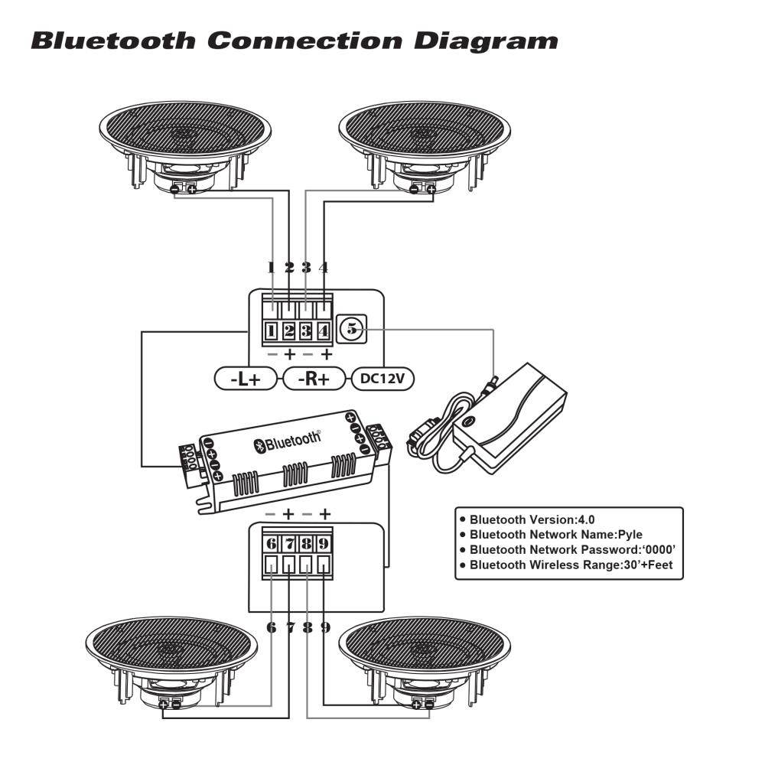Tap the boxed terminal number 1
click(x=272, y=331)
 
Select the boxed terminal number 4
click(x=324, y=331)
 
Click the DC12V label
click(x=382, y=379)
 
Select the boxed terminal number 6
click(x=272, y=544)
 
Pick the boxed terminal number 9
click(x=324, y=544)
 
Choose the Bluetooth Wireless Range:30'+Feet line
click(x=571, y=566)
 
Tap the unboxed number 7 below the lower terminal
click(x=290, y=627)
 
